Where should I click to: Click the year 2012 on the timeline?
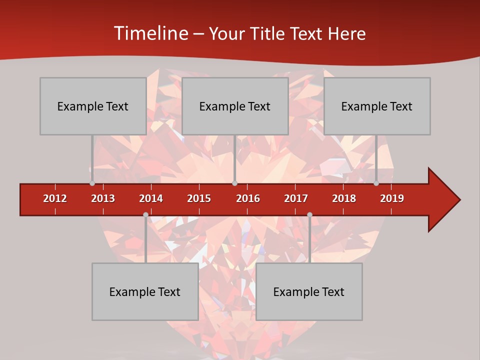(55, 198)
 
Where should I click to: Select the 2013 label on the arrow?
(103, 198)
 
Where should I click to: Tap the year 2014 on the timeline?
(151, 198)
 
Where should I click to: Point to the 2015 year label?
(199, 198)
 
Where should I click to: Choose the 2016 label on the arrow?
(248, 198)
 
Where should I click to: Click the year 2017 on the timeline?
(296, 198)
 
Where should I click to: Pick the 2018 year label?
(344, 198)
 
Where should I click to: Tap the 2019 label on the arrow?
(392, 198)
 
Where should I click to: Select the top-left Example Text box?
(93, 106)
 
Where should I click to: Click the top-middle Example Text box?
(235, 106)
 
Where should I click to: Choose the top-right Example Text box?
(377, 106)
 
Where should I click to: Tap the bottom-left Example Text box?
(145, 291)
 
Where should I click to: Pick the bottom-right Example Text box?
(309, 291)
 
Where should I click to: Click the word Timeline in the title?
(150, 33)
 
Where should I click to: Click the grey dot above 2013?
(92, 183)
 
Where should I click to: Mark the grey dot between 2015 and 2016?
(234, 183)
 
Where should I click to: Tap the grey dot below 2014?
(145, 215)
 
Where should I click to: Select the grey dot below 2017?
(309, 215)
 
